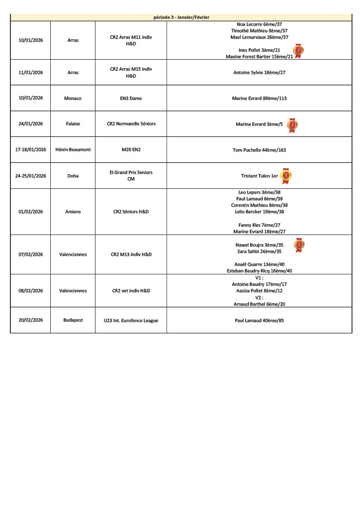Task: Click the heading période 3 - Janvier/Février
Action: pyautogui.click(x=181, y=17)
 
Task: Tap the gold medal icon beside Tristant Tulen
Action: pyautogui.click(x=286, y=175)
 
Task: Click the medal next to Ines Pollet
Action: pyautogui.click(x=298, y=50)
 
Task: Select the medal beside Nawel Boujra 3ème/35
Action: pyautogui.click(x=299, y=245)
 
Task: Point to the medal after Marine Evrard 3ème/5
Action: pyautogui.click(x=292, y=124)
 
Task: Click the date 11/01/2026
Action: pyautogui.click(x=31, y=73)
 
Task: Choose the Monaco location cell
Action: pyautogui.click(x=73, y=98)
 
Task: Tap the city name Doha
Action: pyautogui.click(x=73, y=175)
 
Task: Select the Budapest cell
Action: pyautogui.click(x=73, y=321)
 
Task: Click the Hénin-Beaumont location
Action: pyautogui.click(x=73, y=150)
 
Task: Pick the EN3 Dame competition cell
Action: pyautogui.click(x=131, y=98)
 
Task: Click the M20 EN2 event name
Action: pyautogui.click(x=131, y=150)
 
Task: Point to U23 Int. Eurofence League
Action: pyautogui.click(x=131, y=321)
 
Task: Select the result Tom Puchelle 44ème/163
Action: pyautogui.click(x=259, y=150)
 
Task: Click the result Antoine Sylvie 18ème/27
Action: pyautogui.click(x=259, y=73)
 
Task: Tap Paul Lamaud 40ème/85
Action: pyautogui.click(x=259, y=321)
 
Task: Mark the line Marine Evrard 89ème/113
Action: pyautogui.click(x=259, y=98)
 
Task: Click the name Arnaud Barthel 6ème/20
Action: pyautogui.click(x=259, y=304)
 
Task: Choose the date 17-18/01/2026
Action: pyautogui.click(x=31, y=150)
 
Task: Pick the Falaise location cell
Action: pyautogui.click(x=73, y=124)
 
